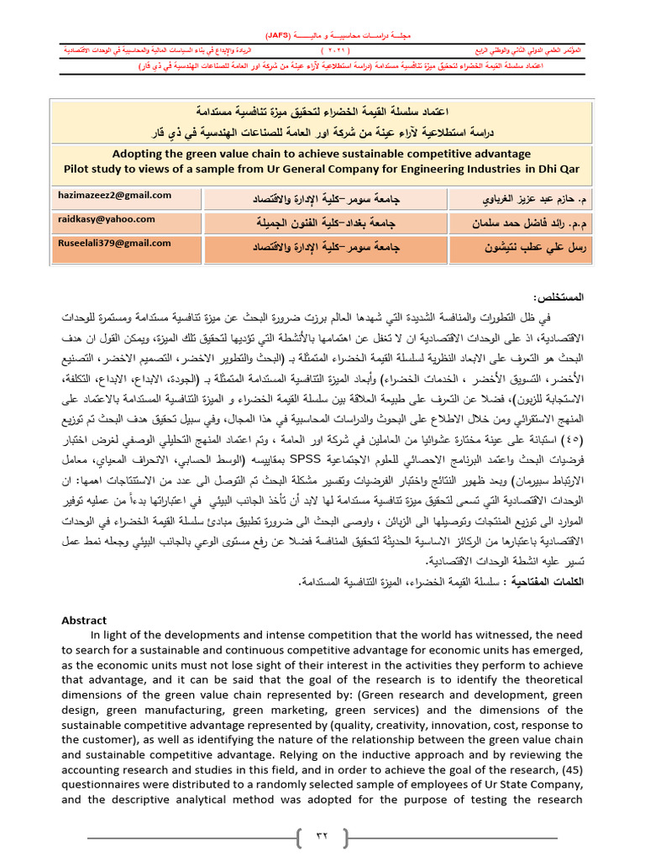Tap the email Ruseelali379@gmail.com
click(115, 244)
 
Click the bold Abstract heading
click(84, 620)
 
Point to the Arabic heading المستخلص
click(558, 298)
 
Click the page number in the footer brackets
click(322, 836)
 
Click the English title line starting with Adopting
click(322, 155)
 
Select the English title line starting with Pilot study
click(322, 169)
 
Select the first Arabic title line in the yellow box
click(322, 111)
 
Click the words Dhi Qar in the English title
click(555, 169)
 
